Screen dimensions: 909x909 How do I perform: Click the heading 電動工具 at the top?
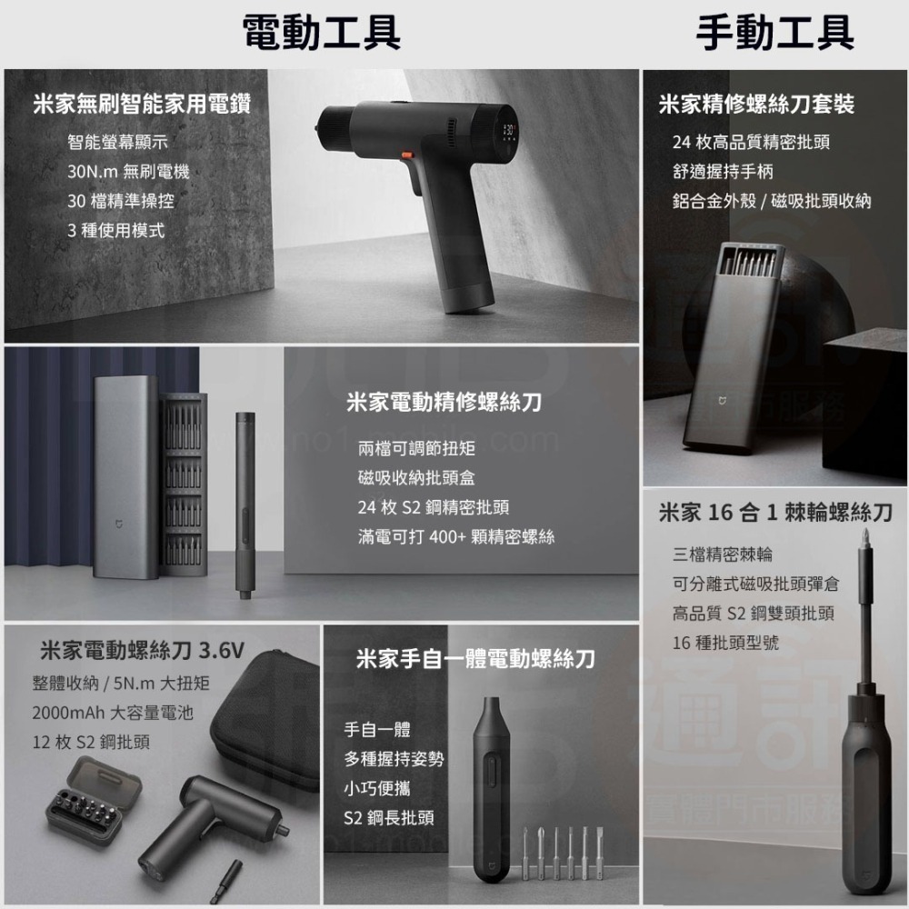[322, 33]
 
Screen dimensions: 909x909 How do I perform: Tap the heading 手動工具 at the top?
[775, 33]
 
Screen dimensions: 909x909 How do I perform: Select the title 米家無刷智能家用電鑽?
[142, 104]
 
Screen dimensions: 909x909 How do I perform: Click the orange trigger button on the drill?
[407, 155]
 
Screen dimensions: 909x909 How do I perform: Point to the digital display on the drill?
[508, 130]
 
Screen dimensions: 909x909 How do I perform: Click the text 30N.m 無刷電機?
[128, 172]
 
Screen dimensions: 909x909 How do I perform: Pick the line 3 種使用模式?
[116, 231]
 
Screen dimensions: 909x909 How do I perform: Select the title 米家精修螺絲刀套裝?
[756, 105]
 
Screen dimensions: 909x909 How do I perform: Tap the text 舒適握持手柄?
[723, 172]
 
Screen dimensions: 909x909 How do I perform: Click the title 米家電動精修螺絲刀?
[444, 402]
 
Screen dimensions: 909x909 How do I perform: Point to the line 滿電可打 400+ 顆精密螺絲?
[456, 537]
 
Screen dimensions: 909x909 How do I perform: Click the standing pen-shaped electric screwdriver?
[245, 504]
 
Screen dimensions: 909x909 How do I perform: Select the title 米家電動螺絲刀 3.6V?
[143, 651]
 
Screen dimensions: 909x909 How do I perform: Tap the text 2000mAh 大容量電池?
[113, 713]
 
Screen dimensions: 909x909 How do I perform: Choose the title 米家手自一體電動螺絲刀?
[475, 658]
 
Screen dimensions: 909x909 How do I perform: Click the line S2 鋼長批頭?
[388, 818]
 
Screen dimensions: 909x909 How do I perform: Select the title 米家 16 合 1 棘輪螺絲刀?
[775, 513]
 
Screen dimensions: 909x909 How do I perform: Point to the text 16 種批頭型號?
[725, 643]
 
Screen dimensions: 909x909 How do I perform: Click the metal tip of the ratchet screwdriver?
[865, 537]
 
